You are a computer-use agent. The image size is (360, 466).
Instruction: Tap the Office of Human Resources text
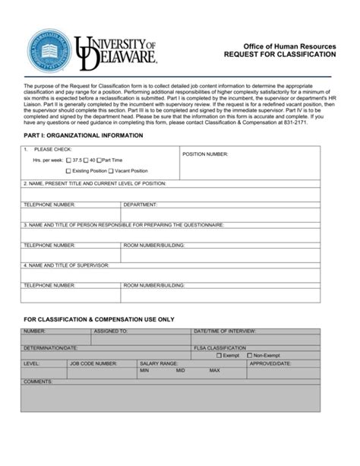295,46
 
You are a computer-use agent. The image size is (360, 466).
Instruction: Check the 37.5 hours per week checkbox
69,160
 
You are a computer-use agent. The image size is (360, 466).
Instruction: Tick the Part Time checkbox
99,160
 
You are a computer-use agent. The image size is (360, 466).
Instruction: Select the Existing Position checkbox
69,171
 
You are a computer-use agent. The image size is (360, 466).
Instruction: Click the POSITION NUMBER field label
205,154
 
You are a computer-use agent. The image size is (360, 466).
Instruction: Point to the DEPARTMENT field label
140,204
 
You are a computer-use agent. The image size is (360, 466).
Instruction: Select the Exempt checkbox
219,355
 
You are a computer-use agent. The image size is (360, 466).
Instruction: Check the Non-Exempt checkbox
248,355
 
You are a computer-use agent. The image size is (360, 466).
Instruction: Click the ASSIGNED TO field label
110,332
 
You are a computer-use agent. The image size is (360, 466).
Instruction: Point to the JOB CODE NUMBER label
93,364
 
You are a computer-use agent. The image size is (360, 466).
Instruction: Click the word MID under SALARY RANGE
181,371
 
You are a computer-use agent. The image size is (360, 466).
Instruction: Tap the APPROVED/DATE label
271,364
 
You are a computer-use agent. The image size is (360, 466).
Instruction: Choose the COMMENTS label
37,380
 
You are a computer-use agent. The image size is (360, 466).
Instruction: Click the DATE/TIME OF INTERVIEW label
226,332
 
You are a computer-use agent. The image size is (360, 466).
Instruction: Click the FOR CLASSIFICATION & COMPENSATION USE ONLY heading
99,319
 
